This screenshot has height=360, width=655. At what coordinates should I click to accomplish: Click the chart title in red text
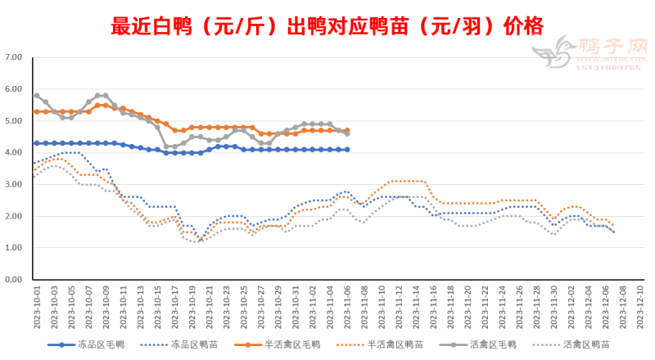[x=327, y=26]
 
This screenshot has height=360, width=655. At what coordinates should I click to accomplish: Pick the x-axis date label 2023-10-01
[x=37, y=306]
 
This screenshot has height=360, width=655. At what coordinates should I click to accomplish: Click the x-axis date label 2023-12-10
[x=640, y=306]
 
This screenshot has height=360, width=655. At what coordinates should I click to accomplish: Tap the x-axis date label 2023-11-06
[x=347, y=306]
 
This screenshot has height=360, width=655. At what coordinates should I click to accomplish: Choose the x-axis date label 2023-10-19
[x=192, y=306]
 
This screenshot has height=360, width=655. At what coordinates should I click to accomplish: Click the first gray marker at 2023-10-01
[x=37, y=96]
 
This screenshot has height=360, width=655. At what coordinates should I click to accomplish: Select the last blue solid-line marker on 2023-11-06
[x=347, y=150]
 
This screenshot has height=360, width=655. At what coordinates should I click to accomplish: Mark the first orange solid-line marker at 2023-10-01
[x=37, y=111]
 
